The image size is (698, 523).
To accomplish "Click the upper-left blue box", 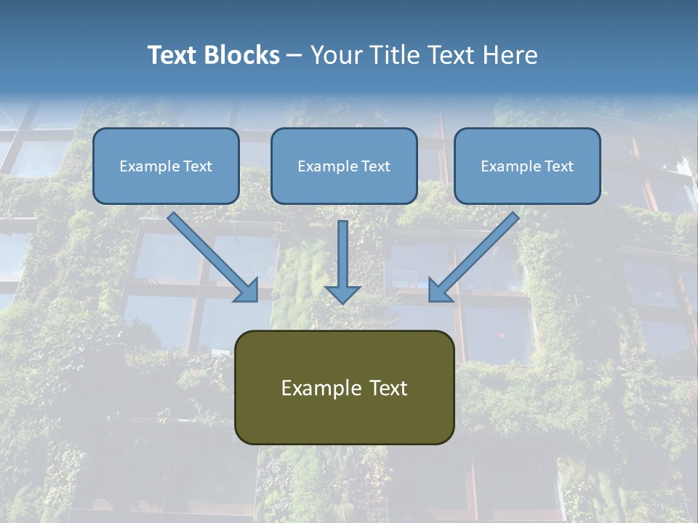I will point(166,166).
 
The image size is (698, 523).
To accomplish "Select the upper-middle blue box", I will point(344,166).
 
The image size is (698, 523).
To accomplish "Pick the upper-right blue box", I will point(527,166).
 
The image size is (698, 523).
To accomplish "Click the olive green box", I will point(344,387).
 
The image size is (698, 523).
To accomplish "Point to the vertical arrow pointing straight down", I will point(342,258).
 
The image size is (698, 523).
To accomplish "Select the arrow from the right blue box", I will point(477,254).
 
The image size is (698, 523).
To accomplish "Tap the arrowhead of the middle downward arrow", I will point(342,293).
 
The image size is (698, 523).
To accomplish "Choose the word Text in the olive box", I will point(388,388).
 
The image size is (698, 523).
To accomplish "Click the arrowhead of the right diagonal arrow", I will point(439,291).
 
